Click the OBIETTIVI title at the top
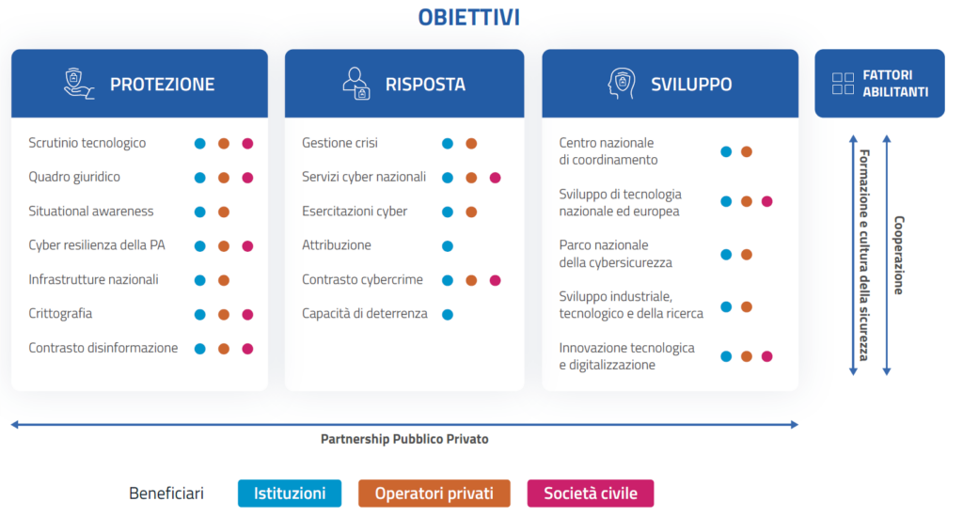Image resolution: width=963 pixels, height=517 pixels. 468,17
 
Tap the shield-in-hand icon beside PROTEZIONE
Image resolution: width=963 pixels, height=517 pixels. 79,84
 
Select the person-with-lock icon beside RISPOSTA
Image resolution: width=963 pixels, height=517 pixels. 356,84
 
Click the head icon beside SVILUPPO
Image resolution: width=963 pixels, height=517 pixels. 621,84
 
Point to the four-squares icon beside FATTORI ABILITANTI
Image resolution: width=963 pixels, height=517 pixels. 843,84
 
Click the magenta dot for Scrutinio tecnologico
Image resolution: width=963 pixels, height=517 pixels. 247,144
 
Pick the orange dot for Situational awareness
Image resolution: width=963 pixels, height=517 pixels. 224,211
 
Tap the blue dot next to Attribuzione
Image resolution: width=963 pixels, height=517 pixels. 448,246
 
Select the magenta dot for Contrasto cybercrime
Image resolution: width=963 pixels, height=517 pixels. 495,281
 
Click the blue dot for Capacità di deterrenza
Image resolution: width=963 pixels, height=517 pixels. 448,314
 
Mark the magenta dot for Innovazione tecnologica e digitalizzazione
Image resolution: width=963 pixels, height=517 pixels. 767,356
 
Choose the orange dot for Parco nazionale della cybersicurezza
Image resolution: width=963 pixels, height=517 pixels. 747,254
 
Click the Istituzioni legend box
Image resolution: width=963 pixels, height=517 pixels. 290,493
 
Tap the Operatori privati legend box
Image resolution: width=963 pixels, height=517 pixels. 434,493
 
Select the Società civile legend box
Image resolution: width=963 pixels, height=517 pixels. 591,493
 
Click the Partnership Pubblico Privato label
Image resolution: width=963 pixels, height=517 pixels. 404,439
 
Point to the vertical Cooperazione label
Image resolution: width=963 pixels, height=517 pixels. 899,255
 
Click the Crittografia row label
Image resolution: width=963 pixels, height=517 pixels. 60,314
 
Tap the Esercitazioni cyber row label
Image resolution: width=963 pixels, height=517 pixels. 355,211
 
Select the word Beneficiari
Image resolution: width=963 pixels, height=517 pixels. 166,493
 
